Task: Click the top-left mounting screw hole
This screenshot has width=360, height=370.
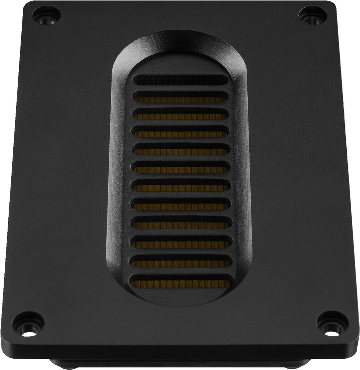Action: (x=46, y=15)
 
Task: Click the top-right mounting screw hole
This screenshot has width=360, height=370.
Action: (x=313, y=15)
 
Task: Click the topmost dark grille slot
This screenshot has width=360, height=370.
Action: (x=181, y=80)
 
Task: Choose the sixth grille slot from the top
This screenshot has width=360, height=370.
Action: (x=181, y=168)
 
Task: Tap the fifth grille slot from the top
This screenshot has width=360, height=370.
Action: (x=181, y=149)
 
